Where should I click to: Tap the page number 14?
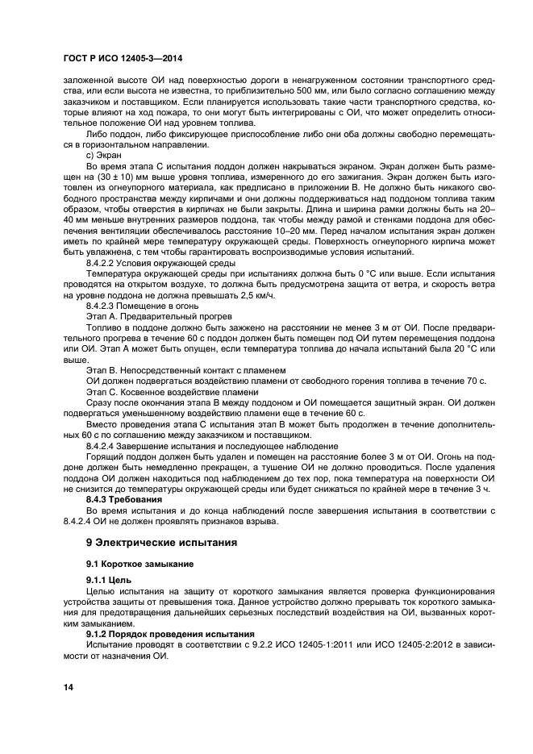coord(70,686)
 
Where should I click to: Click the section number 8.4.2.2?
coord(103,262)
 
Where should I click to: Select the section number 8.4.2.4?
coord(103,446)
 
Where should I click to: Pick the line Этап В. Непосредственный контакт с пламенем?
coord(185,369)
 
